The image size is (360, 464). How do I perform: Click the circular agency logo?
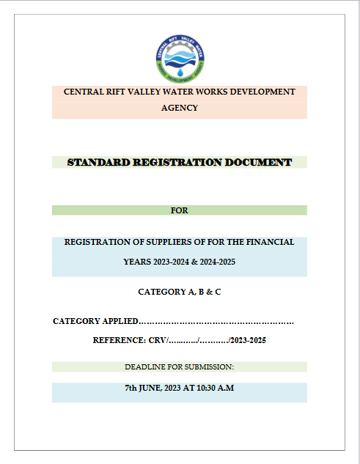(x=180, y=59)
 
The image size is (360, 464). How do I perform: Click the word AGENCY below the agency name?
(x=180, y=108)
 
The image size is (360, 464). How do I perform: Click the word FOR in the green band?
(x=180, y=210)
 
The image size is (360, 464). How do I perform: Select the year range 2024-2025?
(x=216, y=262)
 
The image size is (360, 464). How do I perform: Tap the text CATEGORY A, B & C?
(x=180, y=292)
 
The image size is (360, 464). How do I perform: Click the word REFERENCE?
(x=120, y=340)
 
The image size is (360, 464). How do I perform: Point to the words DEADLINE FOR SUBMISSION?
(x=180, y=367)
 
